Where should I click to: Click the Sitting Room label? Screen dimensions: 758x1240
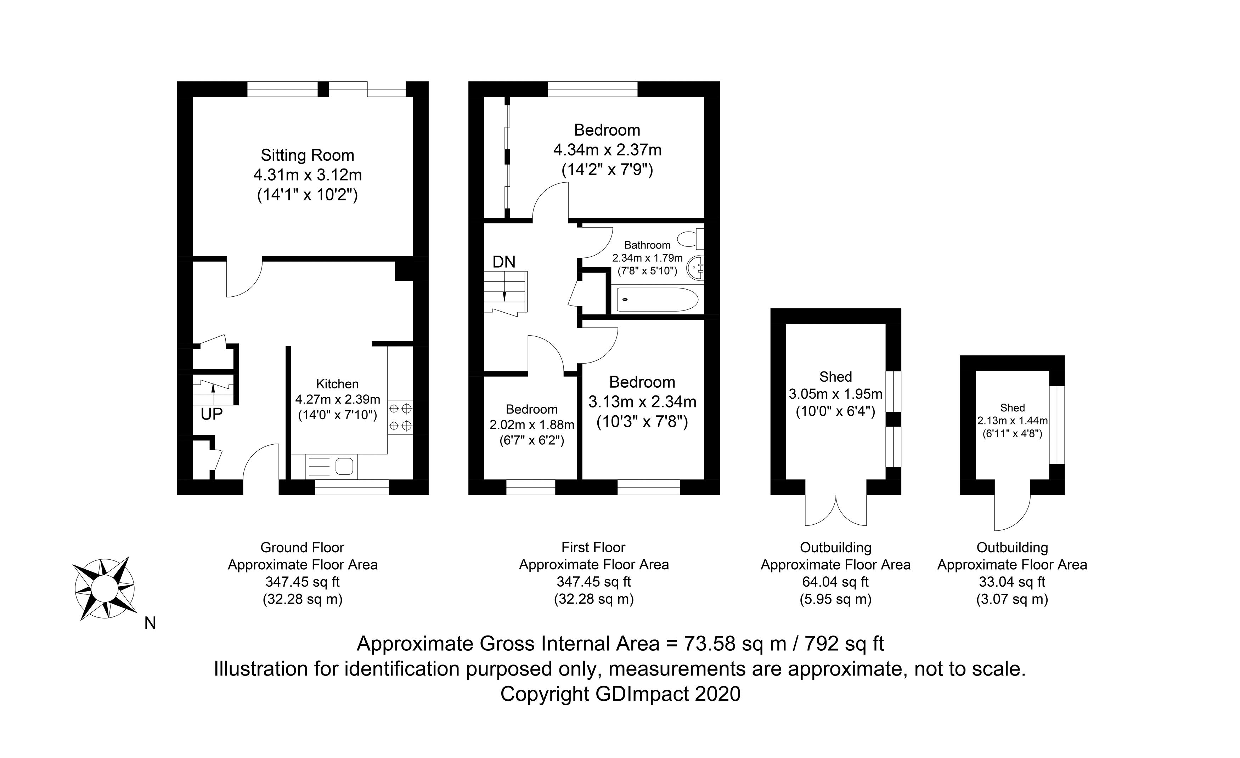(x=307, y=155)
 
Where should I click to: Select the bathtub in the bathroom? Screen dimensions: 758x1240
(x=657, y=300)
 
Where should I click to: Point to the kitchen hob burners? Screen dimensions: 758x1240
(x=401, y=416)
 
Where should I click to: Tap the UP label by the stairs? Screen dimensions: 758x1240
(x=212, y=414)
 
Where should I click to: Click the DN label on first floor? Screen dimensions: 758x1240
(x=504, y=262)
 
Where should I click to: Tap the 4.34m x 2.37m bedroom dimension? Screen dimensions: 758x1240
(x=607, y=150)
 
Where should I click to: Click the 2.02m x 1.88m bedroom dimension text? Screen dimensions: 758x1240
(x=531, y=425)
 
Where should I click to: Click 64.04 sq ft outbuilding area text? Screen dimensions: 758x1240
(x=835, y=582)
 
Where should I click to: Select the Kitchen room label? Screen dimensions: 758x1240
(x=337, y=384)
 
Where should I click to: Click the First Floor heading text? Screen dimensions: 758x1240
(x=593, y=547)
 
